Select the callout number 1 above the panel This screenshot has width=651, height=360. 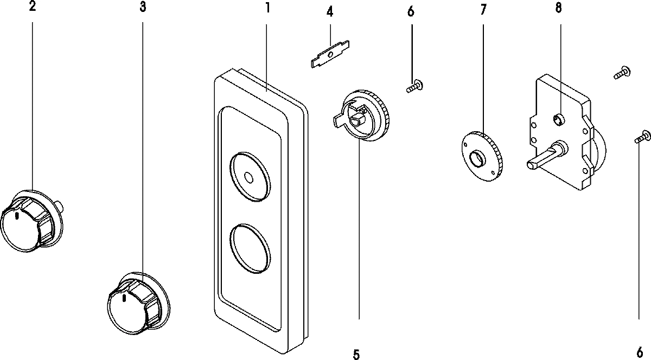coord(267,9)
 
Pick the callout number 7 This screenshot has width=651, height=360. coord(483,9)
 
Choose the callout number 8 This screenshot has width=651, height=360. coord(559,8)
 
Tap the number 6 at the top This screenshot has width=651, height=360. coord(410,11)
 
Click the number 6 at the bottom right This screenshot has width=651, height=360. coord(639,351)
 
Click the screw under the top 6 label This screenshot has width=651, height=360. coord(415,86)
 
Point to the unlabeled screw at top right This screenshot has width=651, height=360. coord(622,73)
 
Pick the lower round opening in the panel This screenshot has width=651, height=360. coord(250,248)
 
